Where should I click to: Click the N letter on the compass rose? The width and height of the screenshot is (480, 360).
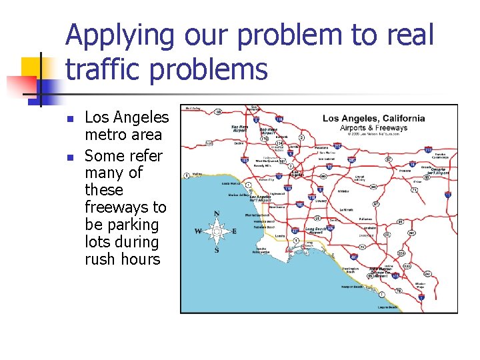[x=217, y=214]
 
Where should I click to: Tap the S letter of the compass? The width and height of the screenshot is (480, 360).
[x=216, y=250]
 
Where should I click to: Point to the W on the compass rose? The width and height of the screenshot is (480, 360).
[x=198, y=232]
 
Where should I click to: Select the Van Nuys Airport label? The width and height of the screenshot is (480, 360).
[x=240, y=127]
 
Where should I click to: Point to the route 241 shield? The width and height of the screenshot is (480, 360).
[x=427, y=273]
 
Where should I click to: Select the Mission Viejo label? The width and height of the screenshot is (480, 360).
[x=420, y=285]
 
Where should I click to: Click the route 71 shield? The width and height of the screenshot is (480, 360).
[x=414, y=191]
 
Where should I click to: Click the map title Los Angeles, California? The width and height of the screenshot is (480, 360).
[x=373, y=119]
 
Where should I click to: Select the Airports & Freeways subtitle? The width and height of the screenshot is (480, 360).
[x=373, y=128]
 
